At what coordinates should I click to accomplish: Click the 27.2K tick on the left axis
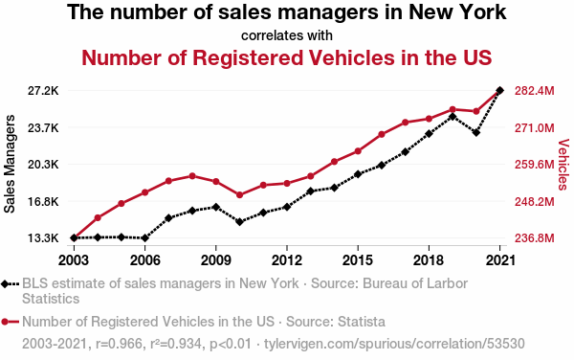[x=43, y=90]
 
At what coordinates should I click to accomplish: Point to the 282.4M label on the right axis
[x=535, y=90]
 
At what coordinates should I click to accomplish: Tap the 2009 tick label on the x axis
[x=215, y=260]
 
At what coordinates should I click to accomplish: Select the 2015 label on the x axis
[x=358, y=260]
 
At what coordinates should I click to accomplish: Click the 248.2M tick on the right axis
[x=535, y=202]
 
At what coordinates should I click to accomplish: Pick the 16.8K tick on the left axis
[x=43, y=202]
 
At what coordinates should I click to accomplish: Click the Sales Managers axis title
[x=10, y=164]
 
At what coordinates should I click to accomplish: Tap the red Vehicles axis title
[x=563, y=164]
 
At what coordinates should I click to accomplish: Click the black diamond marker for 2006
[x=145, y=238]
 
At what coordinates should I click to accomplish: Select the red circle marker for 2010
[x=240, y=194]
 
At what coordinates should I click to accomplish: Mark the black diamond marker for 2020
[x=476, y=132]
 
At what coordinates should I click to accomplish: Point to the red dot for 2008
[x=192, y=176]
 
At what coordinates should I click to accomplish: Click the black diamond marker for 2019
[x=453, y=117]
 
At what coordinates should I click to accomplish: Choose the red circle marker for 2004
[x=98, y=218]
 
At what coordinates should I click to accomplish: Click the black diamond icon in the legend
[x=5, y=283]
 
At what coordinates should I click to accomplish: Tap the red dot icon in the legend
[x=5, y=322]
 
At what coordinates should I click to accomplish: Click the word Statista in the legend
[x=362, y=322]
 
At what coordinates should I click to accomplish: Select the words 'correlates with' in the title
[x=287, y=35]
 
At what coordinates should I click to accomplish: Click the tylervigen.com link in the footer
[x=394, y=344]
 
